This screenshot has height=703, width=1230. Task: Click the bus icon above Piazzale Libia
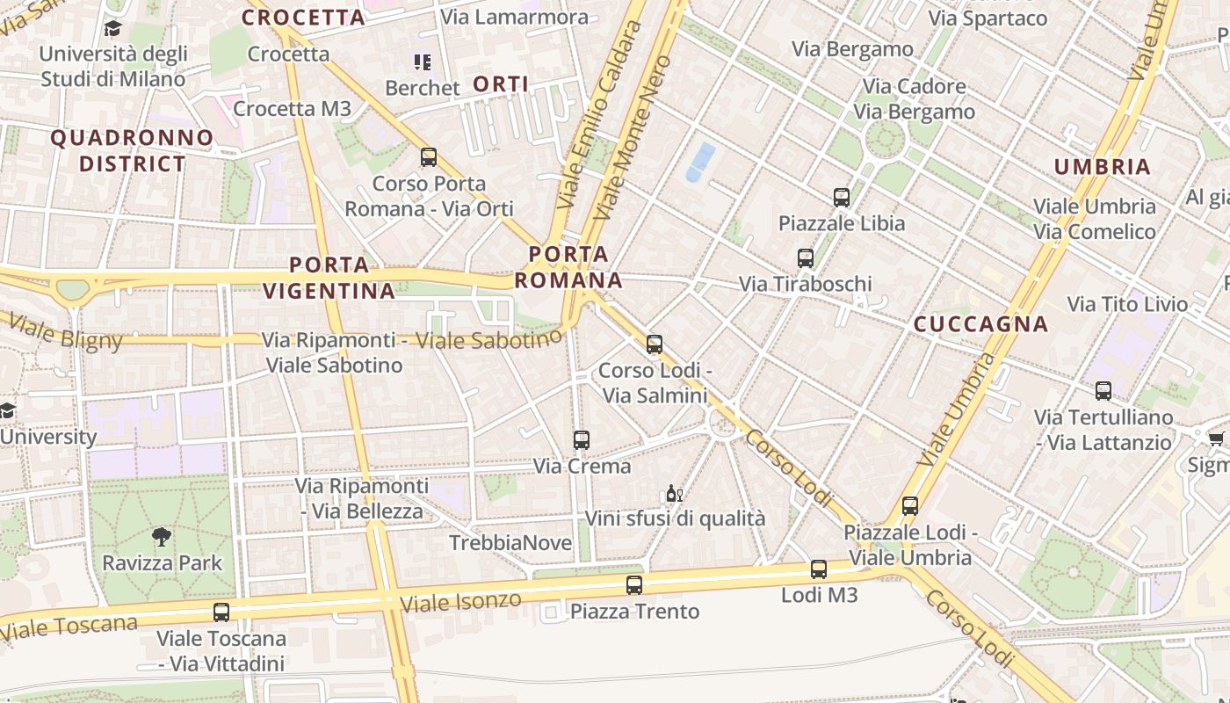pyautogui.click(x=842, y=197)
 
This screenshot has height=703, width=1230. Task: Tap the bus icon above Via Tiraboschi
pyautogui.click(x=806, y=258)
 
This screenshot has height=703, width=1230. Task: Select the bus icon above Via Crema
pyautogui.click(x=581, y=440)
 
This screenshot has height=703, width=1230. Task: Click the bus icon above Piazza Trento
pyautogui.click(x=634, y=584)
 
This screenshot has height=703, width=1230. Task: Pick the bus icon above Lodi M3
pyautogui.click(x=819, y=569)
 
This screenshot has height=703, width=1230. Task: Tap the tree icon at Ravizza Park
pyautogui.click(x=162, y=536)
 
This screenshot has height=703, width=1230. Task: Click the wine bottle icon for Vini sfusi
pyautogui.click(x=674, y=494)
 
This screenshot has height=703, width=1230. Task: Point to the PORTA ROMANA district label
pyautogui.click(x=568, y=268)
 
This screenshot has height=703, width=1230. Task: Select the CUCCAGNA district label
pyautogui.click(x=981, y=324)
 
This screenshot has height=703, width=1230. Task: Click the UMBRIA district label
pyautogui.click(x=1102, y=167)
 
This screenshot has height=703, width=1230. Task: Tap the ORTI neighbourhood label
pyautogui.click(x=501, y=84)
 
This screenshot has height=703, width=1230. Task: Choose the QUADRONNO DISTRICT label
pyautogui.click(x=132, y=151)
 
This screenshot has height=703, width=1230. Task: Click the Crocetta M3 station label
pyautogui.click(x=293, y=109)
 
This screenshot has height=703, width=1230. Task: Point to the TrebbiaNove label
pyautogui.click(x=510, y=543)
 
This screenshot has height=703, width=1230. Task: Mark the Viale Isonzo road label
pyautogui.click(x=459, y=603)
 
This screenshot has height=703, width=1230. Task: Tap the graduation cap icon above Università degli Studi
pyautogui.click(x=112, y=29)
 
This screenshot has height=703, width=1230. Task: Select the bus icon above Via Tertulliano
pyautogui.click(x=1103, y=391)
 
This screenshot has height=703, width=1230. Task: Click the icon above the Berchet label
pyautogui.click(x=423, y=62)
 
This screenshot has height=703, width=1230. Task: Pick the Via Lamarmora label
pyautogui.click(x=515, y=17)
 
